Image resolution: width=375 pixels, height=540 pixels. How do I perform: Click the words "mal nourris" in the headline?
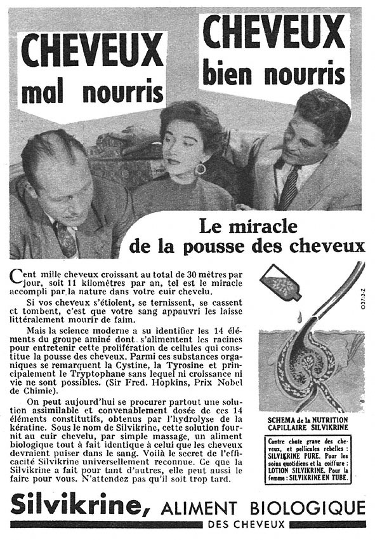click(x=92, y=92)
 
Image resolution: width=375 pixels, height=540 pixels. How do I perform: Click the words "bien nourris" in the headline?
click(x=273, y=74)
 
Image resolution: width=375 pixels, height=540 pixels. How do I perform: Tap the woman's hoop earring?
click(x=200, y=169)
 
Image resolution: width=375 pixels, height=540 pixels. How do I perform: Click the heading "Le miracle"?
click(x=241, y=226)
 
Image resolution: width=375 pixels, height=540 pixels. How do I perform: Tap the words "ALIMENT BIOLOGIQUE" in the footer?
click(x=263, y=508)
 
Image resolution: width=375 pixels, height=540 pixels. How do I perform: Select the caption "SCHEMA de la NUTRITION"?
click(x=312, y=419)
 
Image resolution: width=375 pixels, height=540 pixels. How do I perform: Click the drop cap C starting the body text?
click(x=16, y=274)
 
